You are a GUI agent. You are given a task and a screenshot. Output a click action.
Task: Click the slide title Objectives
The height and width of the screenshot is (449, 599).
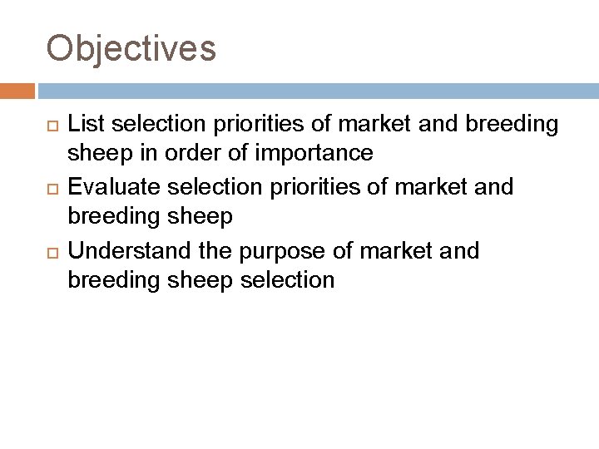[131, 48]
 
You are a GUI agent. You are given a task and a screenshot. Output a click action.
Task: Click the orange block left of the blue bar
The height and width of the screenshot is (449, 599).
[17, 90]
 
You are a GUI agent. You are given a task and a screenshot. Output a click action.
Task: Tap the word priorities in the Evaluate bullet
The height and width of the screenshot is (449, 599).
[306, 186]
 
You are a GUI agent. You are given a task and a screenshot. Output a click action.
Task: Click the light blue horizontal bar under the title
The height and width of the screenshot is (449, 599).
[316, 90]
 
